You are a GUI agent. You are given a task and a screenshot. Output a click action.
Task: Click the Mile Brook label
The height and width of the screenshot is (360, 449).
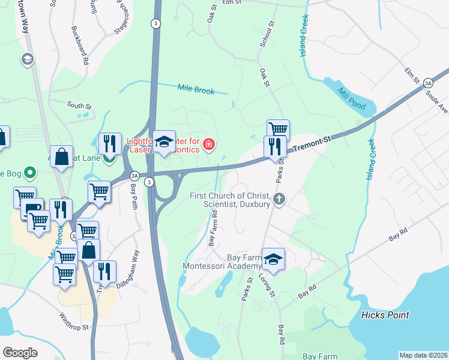196,89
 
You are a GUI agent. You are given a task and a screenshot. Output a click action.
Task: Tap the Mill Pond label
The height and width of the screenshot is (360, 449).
352,100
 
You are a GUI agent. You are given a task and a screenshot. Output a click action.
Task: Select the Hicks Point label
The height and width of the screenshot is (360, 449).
385,315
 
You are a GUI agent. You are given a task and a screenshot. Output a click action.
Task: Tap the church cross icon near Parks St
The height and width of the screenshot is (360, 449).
278,199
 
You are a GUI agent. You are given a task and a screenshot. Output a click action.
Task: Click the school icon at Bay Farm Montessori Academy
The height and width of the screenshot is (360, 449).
273,259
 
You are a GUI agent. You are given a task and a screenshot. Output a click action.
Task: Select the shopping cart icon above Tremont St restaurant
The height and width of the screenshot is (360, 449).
278,129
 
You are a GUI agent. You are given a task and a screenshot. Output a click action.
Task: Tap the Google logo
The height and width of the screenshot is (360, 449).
20,353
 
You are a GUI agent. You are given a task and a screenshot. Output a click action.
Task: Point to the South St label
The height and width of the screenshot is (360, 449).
79,106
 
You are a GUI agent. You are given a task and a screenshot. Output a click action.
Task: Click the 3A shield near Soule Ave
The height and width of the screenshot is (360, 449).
427,83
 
